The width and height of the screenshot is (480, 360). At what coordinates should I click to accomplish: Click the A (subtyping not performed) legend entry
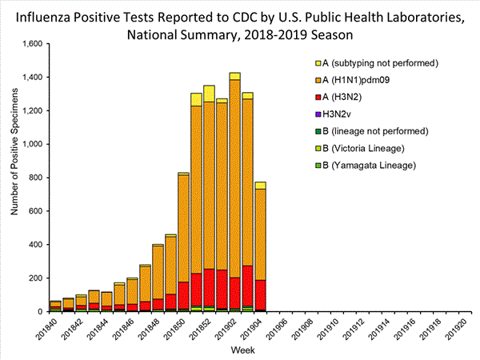(x=376, y=62)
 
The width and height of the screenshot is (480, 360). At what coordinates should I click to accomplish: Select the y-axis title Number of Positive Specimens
(x=14, y=178)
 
